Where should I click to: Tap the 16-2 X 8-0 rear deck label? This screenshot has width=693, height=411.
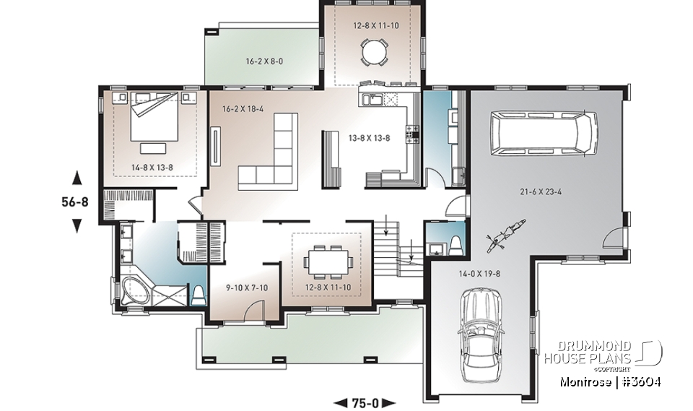point(263,61)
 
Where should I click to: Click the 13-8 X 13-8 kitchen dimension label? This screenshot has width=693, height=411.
point(370,137)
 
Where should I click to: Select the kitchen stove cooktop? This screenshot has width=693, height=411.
point(414,132)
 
